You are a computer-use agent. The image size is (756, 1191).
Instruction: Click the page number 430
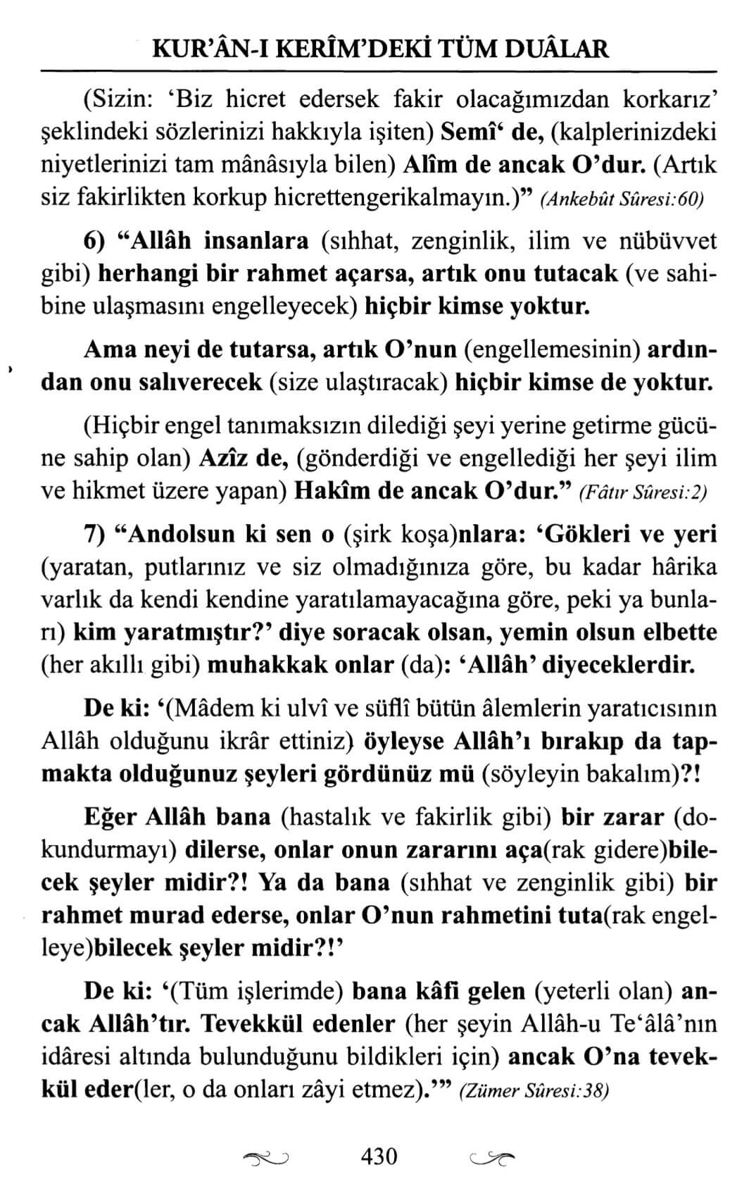(x=379, y=1156)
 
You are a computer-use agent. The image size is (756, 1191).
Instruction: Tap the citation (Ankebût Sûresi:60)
(x=622, y=199)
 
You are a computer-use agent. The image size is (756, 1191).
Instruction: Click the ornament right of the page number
(x=491, y=1157)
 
